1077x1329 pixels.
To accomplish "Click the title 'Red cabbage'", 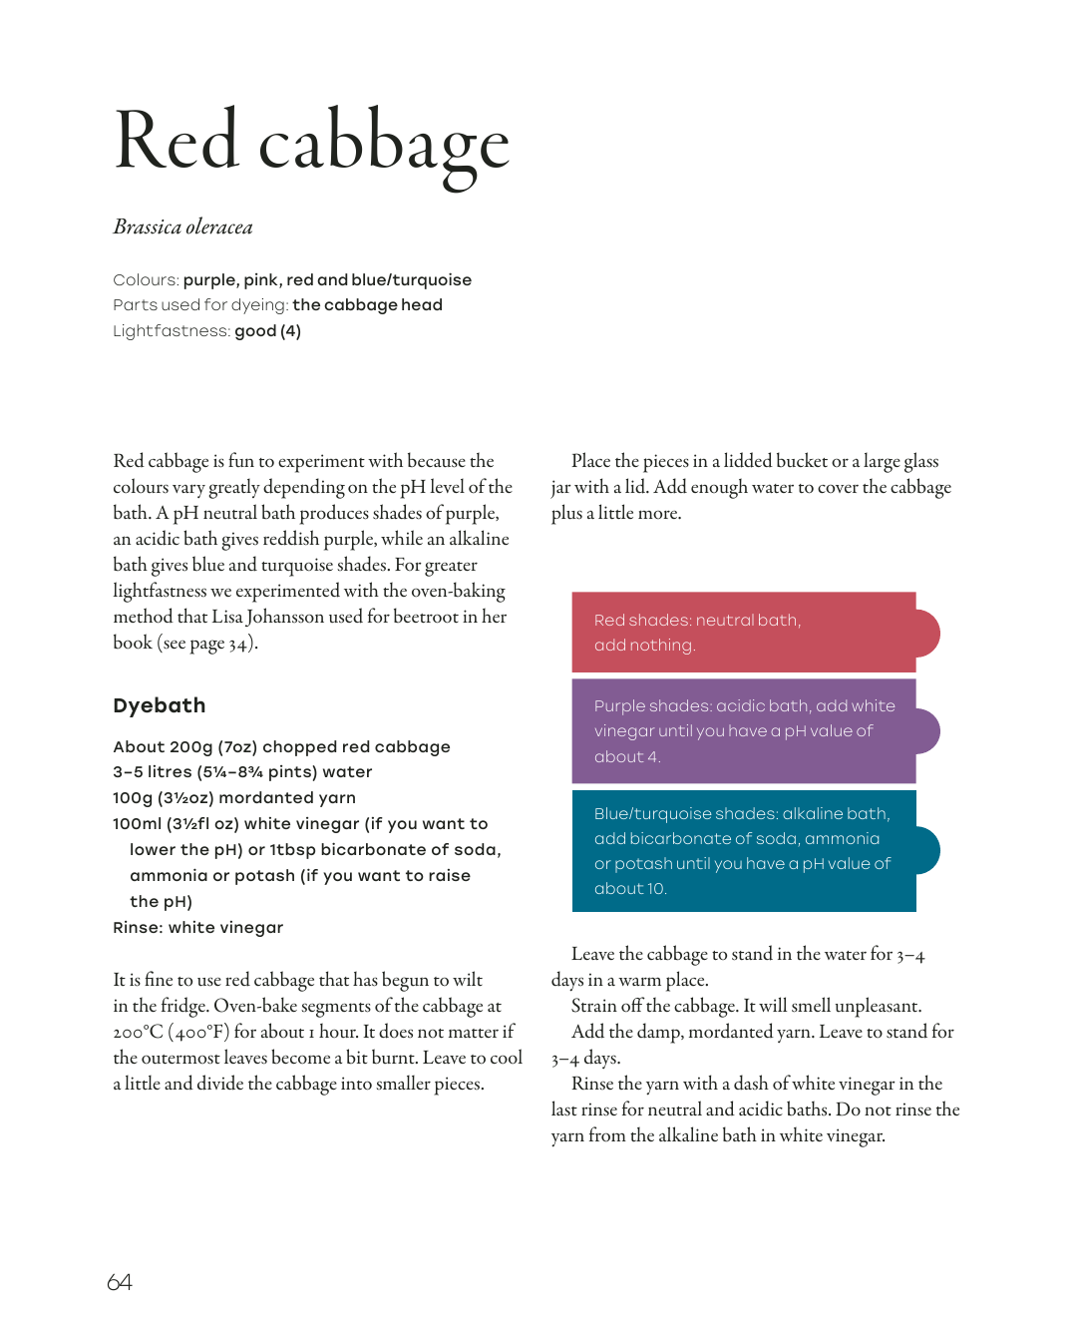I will click(x=312, y=143).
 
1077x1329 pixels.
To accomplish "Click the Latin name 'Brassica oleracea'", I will click(x=182, y=227).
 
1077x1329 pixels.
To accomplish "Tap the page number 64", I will click(x=120, y=1282).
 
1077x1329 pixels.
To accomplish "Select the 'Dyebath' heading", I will click(x=160, y=705).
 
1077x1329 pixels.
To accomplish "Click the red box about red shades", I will click(x=744, y=632).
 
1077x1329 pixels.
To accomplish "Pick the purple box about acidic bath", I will click(x=744, y=730).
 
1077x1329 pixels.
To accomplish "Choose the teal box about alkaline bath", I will click(x=744, y=850).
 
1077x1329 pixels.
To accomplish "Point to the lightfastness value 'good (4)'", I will click(x=267, y=331).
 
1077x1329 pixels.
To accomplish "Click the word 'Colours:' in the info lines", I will click(x=146, y=280).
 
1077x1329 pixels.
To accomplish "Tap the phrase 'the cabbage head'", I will click(x=367, y=305).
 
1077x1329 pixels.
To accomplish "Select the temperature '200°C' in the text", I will click(x=138, y=1032).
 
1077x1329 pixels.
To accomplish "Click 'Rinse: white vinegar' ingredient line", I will click(x=198, y=928).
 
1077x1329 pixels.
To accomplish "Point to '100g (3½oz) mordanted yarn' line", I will click(x=234, y=798).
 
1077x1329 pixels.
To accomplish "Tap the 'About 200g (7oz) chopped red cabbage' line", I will click(x=281, y=747).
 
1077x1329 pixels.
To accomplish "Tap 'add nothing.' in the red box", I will click(x=644, y=646).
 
